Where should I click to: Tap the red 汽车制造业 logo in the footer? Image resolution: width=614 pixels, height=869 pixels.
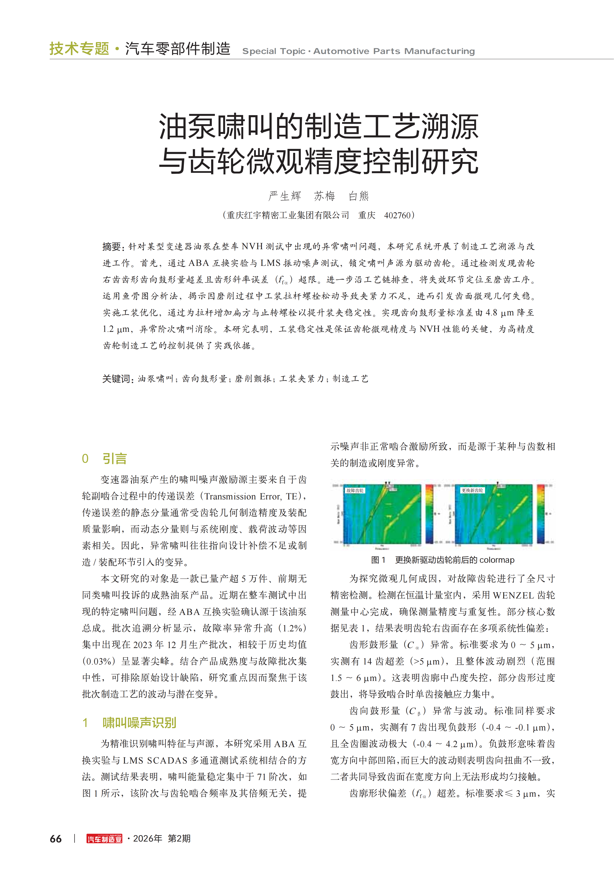click(x=104, y=839)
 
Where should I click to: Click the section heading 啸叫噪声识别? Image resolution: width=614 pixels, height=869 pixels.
click(x=139, y=723)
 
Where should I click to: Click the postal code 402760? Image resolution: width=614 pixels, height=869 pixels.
click(x=397, y=215)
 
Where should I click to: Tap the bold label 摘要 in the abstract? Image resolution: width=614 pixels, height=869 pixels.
click(x=112, y=247)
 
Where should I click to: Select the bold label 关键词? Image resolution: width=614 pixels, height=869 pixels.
click(x=117, y=379)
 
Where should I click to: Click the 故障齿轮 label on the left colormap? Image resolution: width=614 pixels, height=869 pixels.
click(x=355, y=491)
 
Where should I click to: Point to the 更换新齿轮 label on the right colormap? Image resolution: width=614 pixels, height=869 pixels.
click(x=472, y=491)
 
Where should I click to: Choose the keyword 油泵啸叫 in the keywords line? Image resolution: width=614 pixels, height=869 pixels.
click(x=155, y=379)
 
